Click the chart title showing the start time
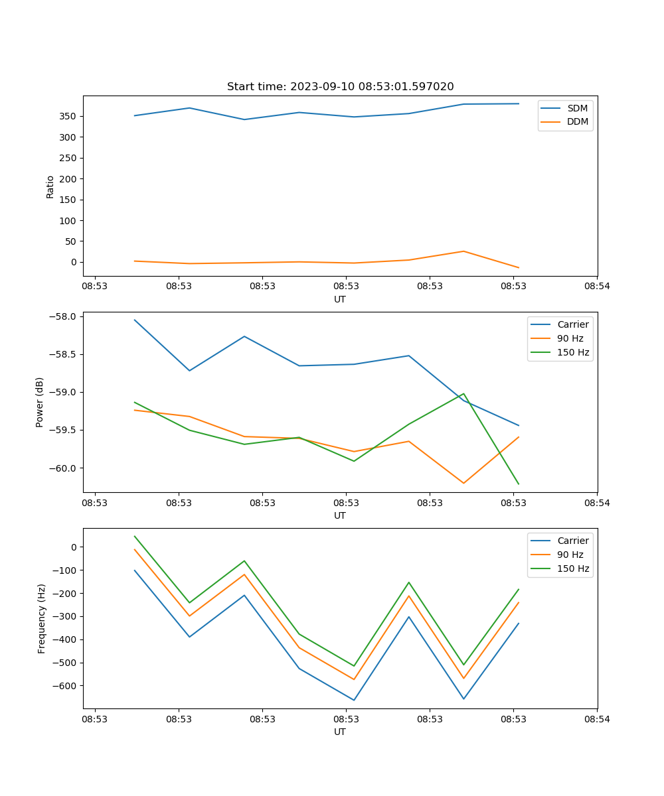[x=340, y=87]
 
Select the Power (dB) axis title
[x=40, y=402]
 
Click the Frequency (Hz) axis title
[x=41, y=618]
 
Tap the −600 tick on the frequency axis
[x=65, y=686]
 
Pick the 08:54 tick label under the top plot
[x=597, y=287]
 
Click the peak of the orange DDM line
[x=463, y=251]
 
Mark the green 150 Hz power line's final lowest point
[x=519, y=484]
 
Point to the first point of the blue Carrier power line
[x=135, y=320]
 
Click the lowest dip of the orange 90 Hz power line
[x=463, y=483]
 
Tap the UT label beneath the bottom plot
[x=340, y=732]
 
